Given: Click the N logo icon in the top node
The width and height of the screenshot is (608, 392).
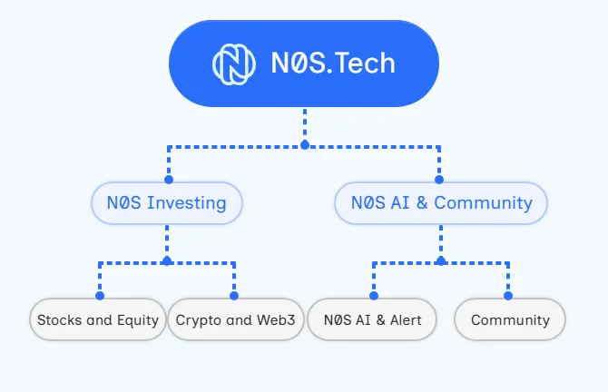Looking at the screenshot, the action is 234,64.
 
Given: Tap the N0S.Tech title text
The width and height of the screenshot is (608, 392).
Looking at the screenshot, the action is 333,63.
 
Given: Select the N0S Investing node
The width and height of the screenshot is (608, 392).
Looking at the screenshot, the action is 167,202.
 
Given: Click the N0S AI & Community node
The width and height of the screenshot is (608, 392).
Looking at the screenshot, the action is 441,202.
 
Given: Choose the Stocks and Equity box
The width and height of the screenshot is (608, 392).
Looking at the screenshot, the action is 98,319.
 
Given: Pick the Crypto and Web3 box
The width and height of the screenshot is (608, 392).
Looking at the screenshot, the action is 235,319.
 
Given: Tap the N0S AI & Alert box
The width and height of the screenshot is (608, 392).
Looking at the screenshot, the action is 372,319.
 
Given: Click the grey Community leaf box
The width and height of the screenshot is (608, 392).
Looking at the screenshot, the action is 510,319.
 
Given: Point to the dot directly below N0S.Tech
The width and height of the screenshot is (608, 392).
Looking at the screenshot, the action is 305,145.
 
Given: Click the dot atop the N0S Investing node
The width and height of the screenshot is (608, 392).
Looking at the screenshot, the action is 169,180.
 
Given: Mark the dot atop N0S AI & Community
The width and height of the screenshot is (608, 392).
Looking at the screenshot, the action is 439,180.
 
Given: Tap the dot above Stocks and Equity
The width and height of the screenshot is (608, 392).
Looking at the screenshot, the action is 100,296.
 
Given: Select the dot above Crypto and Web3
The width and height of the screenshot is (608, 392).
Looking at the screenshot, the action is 234,296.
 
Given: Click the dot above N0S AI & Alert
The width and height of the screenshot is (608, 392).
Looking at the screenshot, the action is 374,296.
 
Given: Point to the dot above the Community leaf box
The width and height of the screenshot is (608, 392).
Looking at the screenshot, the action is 508,296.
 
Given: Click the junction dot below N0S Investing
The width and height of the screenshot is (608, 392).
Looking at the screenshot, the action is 167,261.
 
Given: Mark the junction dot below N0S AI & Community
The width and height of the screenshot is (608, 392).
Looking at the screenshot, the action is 441,261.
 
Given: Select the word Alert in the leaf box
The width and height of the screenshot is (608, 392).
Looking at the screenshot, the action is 406,320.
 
